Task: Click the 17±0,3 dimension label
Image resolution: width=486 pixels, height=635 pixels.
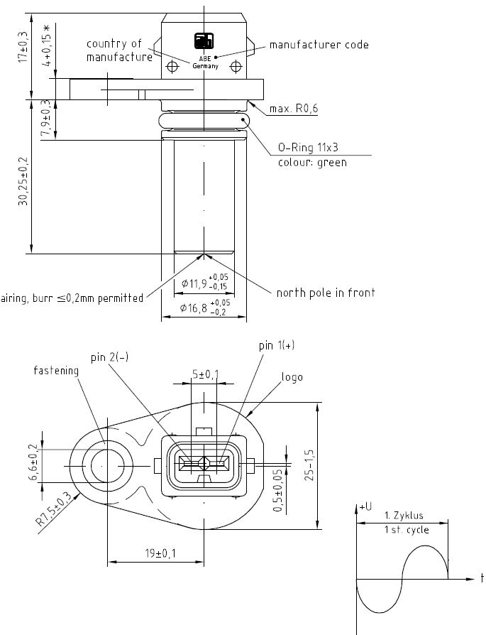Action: pos(23,47)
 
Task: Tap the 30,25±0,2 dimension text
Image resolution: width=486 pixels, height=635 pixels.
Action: pos(23,181)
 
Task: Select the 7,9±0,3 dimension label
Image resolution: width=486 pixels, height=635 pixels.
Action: pos(47,117)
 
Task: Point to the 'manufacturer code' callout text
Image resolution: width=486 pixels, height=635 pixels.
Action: pos(319,45)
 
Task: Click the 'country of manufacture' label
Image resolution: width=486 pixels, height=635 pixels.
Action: pos(119,50)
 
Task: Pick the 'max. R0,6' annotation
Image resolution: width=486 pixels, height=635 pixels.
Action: pos(294,109)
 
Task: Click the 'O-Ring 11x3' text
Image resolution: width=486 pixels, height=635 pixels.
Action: pos(308,147)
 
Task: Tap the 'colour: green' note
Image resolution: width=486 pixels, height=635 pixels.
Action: pos(312,163)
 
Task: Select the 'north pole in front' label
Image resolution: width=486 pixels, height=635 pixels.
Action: pos(326,293)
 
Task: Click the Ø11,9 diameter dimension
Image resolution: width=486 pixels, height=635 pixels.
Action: pos(205,282)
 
